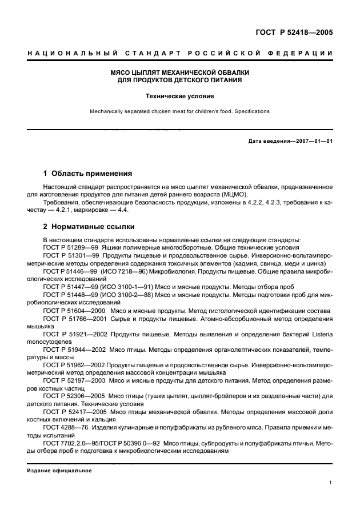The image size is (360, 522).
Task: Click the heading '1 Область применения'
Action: click(x=88, y=173)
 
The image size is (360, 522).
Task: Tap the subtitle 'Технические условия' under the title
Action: click(x=180, y=97)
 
